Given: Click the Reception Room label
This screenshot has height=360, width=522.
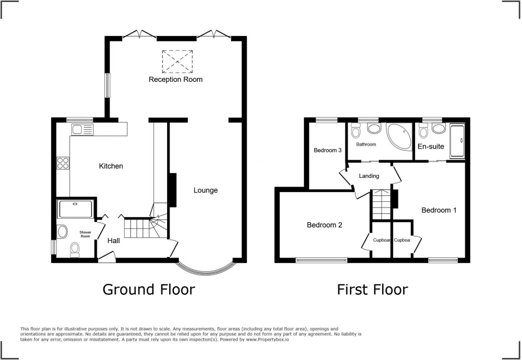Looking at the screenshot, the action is (175, 79).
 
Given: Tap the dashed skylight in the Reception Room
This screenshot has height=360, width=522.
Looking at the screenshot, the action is (177, 62).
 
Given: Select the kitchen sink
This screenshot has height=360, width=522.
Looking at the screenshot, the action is (82, 129).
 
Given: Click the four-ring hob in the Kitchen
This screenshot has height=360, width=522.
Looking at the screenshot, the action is (63, 163).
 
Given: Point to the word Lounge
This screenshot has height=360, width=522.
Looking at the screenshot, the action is (206, 190).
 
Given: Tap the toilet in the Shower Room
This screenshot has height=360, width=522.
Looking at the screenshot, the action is (75, 249).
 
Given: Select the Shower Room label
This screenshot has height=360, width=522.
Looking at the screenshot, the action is (85, 234).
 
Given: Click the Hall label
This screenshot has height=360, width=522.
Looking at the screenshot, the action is (113, 241).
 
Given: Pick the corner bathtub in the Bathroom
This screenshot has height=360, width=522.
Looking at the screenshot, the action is (399, 137).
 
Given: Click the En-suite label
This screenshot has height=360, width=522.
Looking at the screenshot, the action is (431, 147).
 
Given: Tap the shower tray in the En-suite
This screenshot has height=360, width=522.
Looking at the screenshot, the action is (457, 141).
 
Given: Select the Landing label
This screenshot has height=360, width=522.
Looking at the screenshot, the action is (369, 176).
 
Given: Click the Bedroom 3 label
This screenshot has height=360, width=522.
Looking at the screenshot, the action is (328, 150).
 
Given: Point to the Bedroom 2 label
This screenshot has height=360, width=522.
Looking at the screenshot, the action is (325, 225).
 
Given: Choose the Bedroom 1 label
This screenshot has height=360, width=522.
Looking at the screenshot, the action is (439, 210).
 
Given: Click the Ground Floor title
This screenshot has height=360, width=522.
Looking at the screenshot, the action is (148, 290).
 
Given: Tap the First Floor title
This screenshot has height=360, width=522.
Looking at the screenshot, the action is (372, 290).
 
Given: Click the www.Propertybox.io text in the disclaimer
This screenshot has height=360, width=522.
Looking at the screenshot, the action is (268, 340).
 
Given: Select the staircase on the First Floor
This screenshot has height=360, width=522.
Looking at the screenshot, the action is (382, 205).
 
